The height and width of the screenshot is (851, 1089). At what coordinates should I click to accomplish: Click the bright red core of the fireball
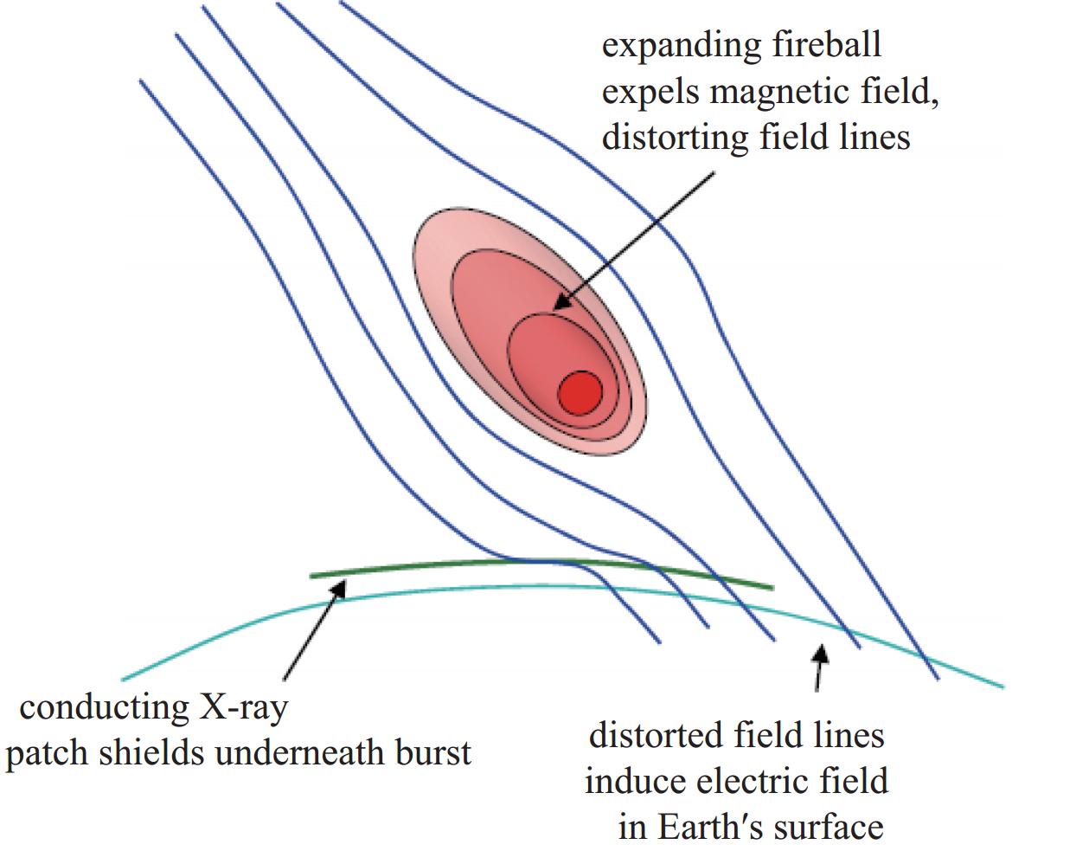pyautogui.click(x=580, y=393)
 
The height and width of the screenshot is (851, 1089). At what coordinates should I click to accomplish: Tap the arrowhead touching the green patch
pyautogui.click(x=338, y=588)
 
